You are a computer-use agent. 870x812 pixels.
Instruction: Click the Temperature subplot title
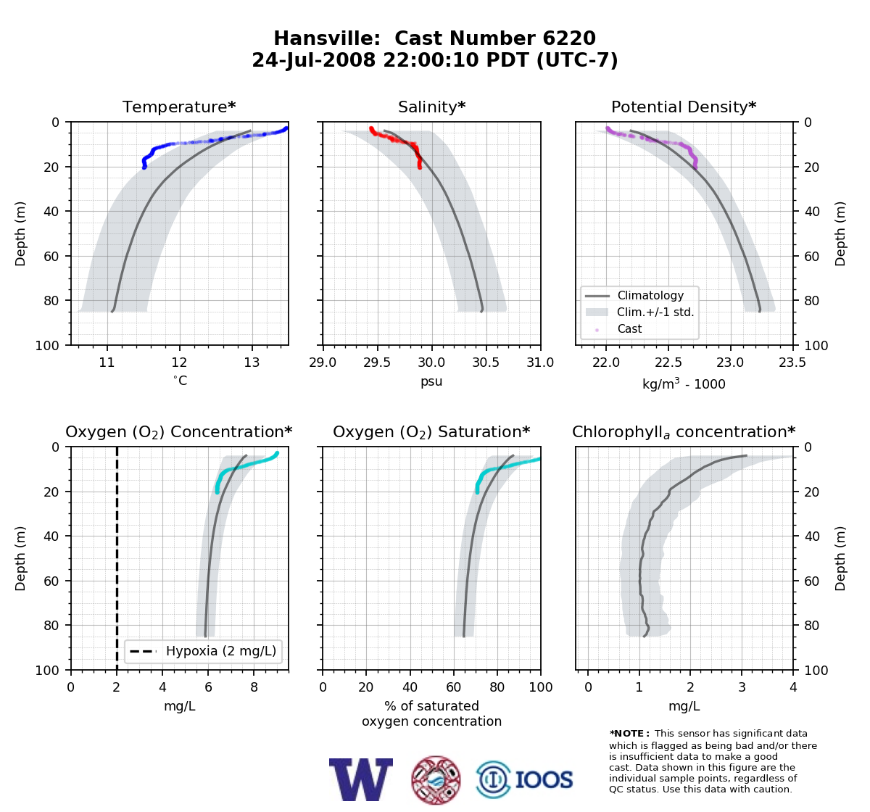(x=179, y=107)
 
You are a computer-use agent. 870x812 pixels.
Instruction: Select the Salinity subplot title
(x=431, y=107)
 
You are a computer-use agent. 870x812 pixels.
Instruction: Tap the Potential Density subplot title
(x=684, y=107)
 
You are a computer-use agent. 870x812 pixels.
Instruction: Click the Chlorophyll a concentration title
(x=684, y=432)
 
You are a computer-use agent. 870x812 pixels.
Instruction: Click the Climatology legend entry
(x=634, y=295)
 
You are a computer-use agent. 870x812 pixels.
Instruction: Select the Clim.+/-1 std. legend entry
(x=639, y=312)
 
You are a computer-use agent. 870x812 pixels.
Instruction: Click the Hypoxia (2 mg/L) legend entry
(x=203, y=651)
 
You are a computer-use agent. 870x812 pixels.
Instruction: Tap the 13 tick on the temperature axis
(x=252, y=362)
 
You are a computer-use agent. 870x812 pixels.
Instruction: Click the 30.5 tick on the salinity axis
(x=486, y=362)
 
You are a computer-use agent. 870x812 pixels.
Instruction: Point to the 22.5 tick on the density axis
(x=668, y=362)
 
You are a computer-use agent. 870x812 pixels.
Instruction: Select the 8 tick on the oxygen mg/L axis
(x=254, y=687)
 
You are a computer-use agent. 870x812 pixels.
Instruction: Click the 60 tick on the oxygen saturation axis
(x=453, y=687)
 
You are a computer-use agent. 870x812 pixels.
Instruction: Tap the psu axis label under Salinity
(x=431, y=381)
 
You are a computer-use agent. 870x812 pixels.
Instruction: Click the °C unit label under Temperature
(x=180, y=381)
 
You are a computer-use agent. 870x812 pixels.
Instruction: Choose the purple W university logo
(x=361, y=779)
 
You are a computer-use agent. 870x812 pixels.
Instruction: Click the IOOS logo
(x=525, y=779)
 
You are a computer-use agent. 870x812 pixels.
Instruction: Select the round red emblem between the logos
(x=436, y=780)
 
